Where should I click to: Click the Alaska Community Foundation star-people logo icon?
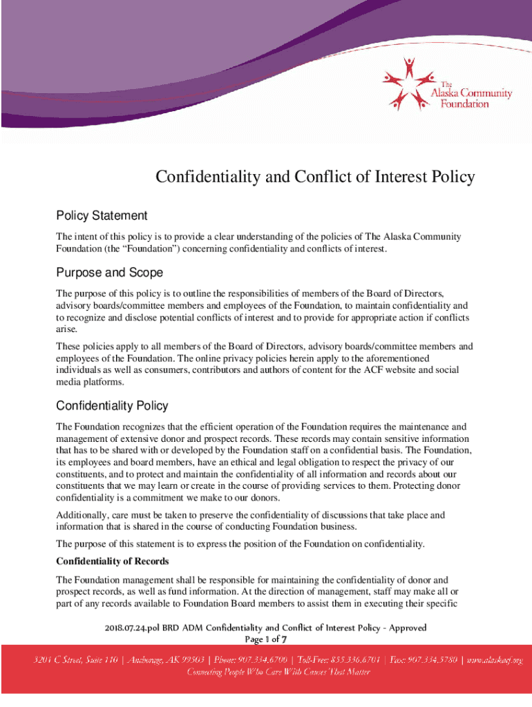[407, 83]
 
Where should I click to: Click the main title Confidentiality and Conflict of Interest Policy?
[315, 177]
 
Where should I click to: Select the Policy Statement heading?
[102, 216]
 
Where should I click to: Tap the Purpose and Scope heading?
[109, 273]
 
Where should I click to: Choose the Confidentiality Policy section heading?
[112, 405]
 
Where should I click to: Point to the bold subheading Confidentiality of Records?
[113, 561]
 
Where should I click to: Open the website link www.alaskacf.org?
[495, 660]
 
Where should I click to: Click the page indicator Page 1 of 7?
[266, 639]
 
